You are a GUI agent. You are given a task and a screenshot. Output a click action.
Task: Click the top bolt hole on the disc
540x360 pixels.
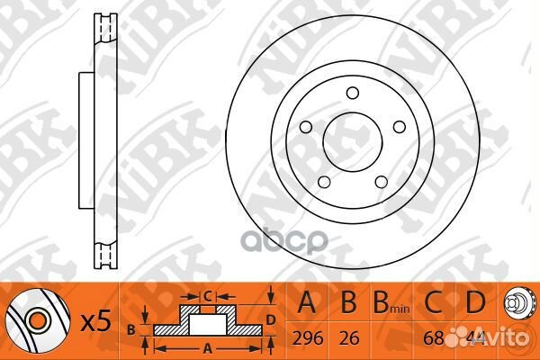pyautogui.click(x=352, y=92)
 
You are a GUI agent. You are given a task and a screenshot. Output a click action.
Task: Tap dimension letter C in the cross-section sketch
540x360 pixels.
pyautogui.click(x=205, y=294)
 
